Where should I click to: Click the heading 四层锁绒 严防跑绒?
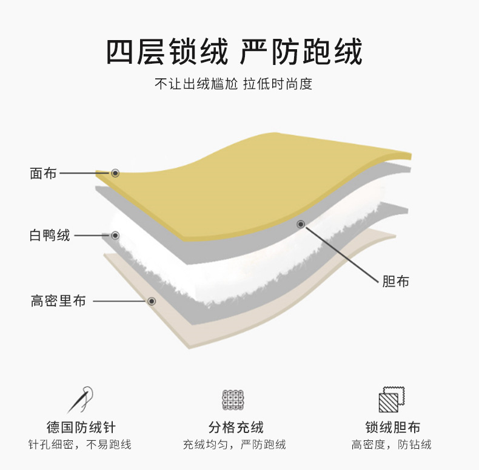click(x=234, y=52)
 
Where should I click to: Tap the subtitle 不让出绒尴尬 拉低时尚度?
click(x=233, y=84)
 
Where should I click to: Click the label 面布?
click(x=43, y=173)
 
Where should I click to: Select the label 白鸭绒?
click(x=50, y=235)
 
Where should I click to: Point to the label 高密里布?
click(x=58, y=301)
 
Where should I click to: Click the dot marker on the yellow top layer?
click(x=115, y=173)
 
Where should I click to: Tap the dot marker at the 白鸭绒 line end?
click(x=115, y=235)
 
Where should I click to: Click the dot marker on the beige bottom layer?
click(x=152, y=301)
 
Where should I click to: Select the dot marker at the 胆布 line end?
click(x=300, y=224)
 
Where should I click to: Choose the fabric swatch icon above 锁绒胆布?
click(x=391, y=400)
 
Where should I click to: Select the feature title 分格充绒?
click(x=236, y=427)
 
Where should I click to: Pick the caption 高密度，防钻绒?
click(x=392, y=444)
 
